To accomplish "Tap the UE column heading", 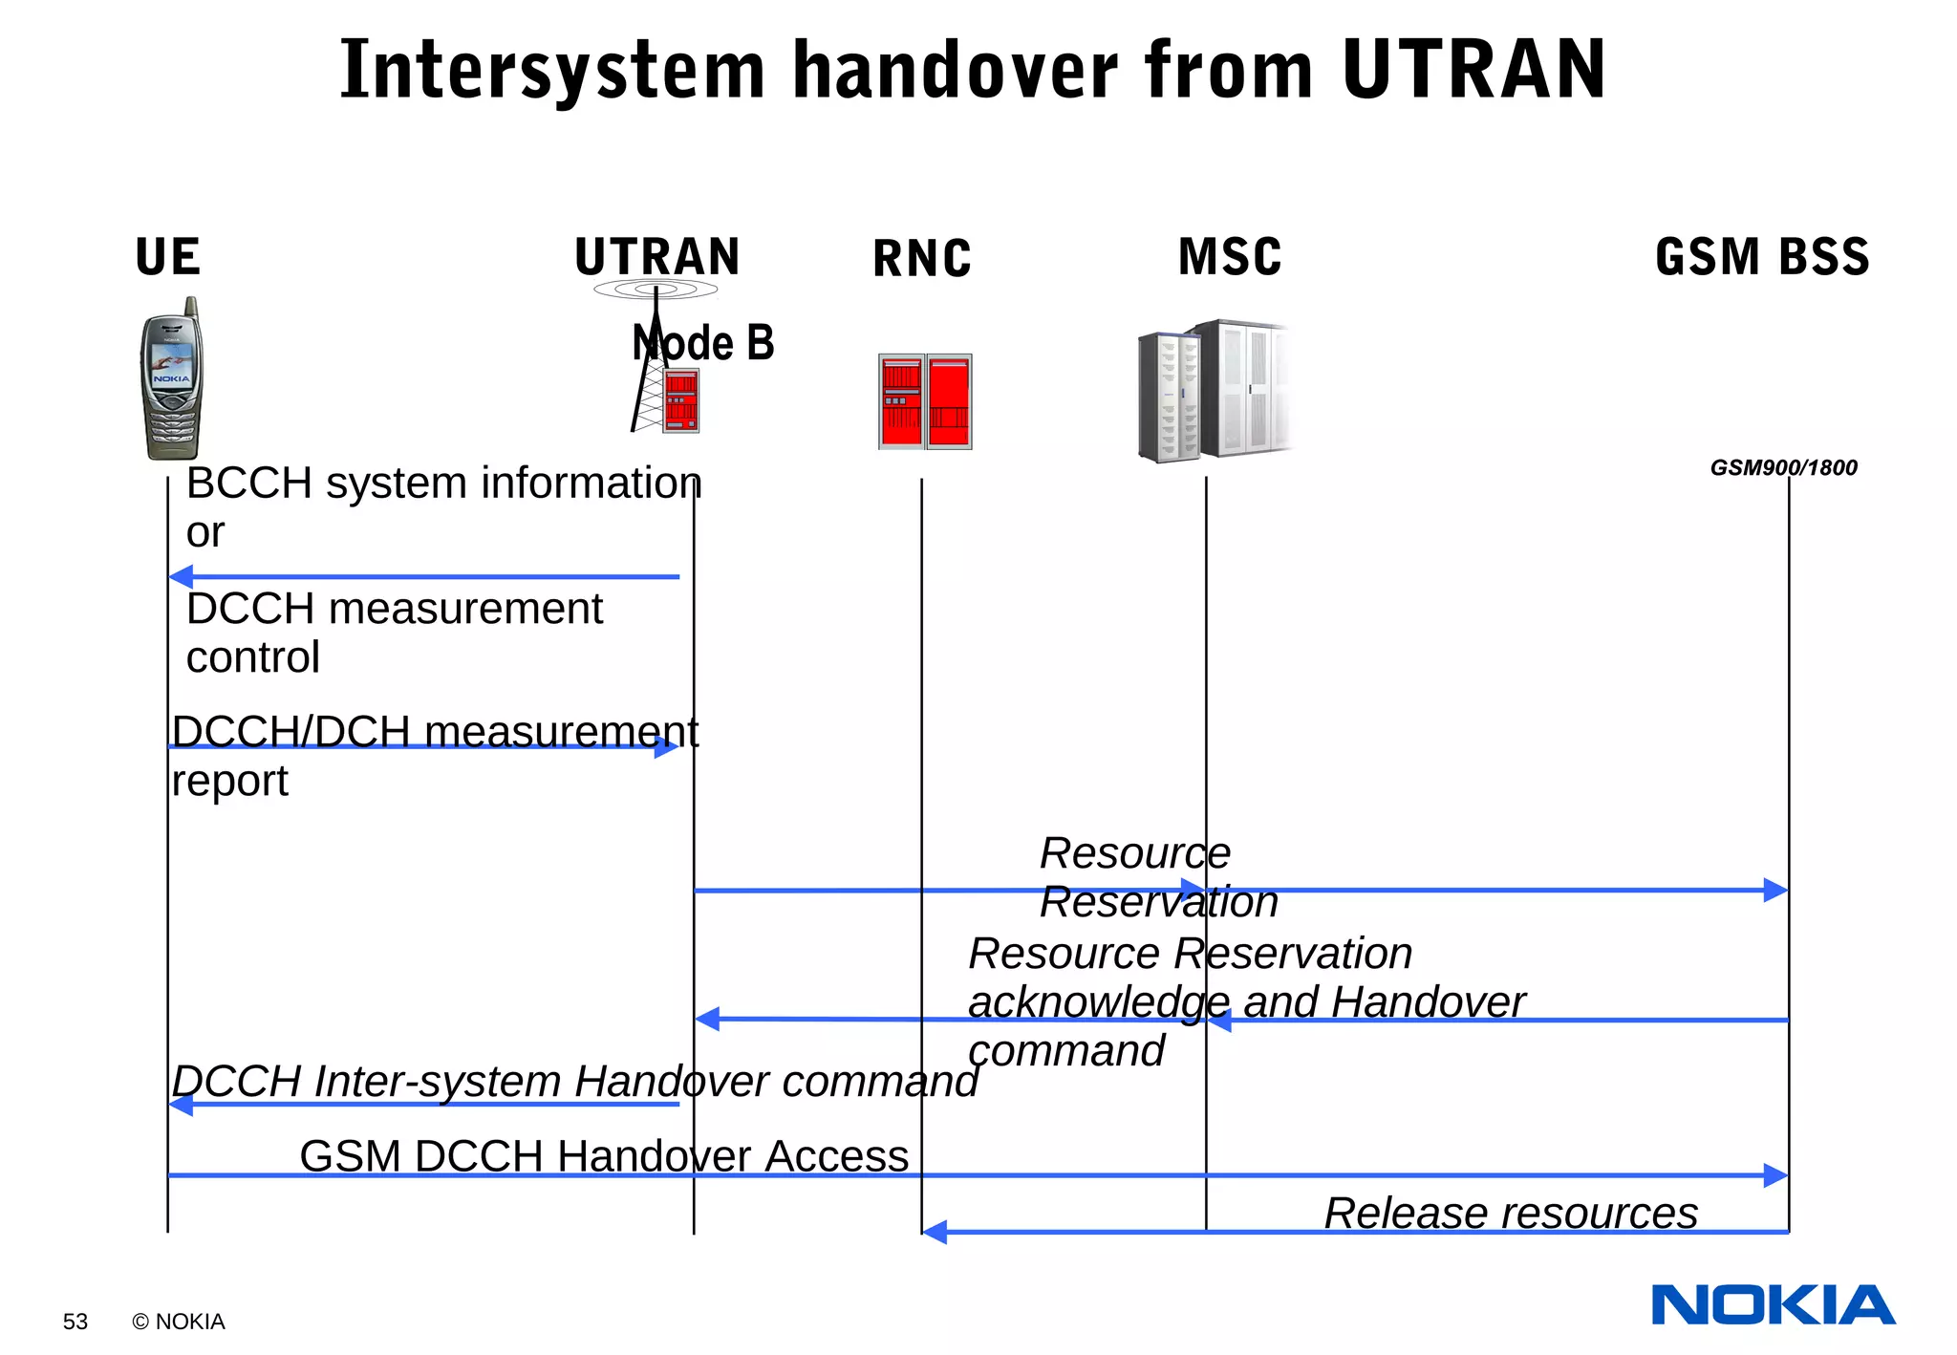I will [168, 257].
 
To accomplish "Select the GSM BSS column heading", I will [1762, 257].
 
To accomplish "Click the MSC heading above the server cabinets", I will [1230, 257].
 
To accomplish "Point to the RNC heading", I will [922, 259].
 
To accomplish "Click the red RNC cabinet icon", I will [925, 401].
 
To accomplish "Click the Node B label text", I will [704, 343].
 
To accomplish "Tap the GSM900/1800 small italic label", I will [1783, 467].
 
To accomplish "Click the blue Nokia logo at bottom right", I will [1774, 1305].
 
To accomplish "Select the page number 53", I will [75, 1322].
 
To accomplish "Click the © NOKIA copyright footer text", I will [179, 1322].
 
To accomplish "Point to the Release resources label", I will [1511, 1213].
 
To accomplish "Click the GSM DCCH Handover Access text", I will [604, 1155].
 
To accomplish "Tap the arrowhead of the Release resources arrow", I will [935, 1232].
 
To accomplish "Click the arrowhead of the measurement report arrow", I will [667, 746].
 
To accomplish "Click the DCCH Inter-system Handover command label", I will [574, 1081].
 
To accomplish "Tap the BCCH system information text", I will [443, 483].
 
